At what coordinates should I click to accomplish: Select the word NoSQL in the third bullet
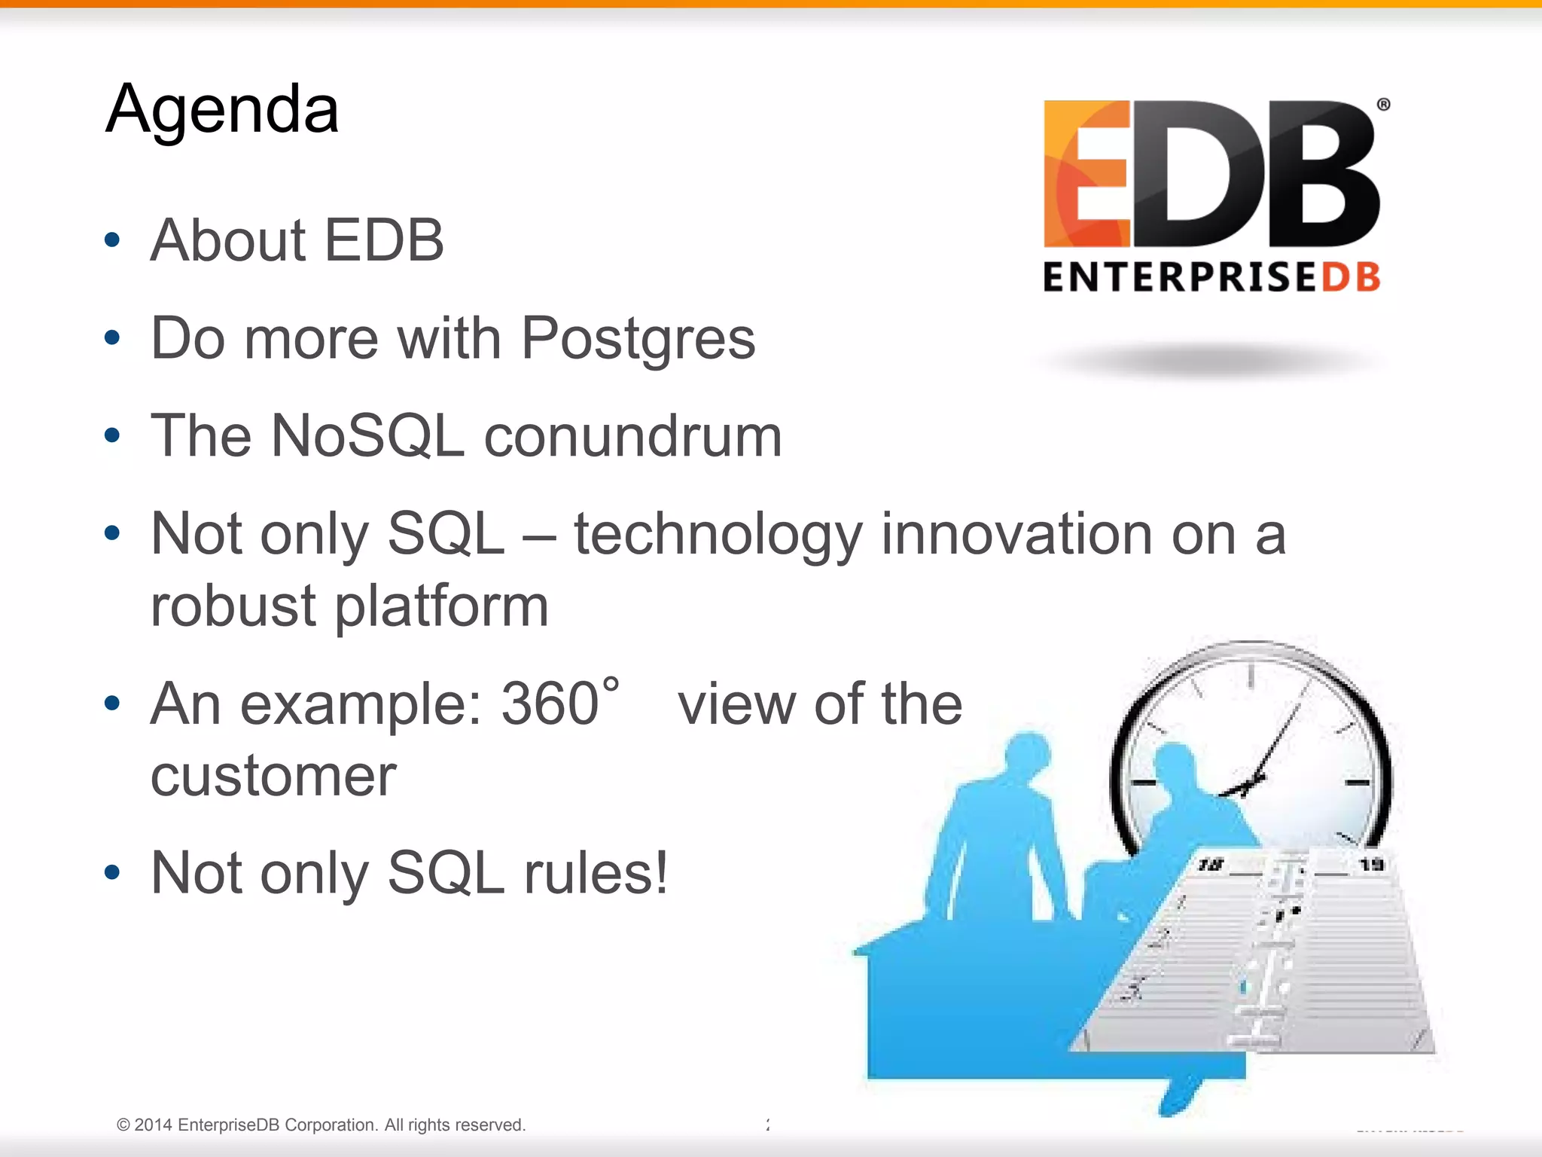coord(367,436)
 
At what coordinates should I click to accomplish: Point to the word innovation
coord(1016,534)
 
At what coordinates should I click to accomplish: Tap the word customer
coord(273,777)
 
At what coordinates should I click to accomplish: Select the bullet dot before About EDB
coord(112,240)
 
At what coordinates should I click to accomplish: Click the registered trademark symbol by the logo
coord(1383,105)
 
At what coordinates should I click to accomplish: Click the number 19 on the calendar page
coord(1371,864)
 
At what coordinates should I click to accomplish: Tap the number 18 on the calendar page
coord(1210,865)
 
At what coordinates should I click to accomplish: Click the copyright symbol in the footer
coord(123,1125)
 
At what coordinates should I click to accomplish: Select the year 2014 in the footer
coord(154,1125)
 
